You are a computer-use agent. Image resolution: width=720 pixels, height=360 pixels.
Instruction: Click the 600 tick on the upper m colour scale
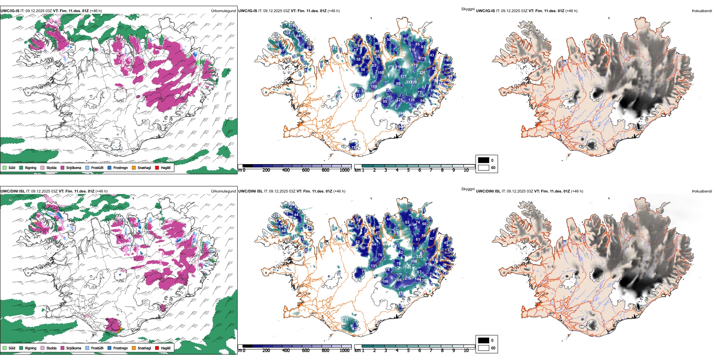point(306,170)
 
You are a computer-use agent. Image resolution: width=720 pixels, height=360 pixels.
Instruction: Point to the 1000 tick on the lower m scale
point(344,351)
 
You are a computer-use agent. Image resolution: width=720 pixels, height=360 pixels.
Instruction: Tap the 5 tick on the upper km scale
point(408,170)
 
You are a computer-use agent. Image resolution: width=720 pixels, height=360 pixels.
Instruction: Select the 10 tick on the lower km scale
point(466,351)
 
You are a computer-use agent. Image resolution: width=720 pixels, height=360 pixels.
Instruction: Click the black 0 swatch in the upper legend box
point(484,160)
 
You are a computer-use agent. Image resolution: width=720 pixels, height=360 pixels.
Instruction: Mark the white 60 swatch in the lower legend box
point(484,347)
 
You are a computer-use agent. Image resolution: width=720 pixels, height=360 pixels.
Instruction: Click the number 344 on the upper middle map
point(401,113)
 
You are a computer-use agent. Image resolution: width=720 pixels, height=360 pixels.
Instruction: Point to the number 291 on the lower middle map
point(345,319)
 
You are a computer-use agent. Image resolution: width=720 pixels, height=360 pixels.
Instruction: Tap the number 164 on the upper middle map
point(287,33)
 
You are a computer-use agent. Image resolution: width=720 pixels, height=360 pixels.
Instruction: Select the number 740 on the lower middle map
point(408,268)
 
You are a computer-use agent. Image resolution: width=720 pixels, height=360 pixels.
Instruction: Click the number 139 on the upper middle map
point(411,100)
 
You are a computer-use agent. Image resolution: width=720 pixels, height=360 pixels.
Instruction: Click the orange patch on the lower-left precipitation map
point(120,329)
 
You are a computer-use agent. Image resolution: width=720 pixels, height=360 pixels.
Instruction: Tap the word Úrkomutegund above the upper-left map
point(223,11)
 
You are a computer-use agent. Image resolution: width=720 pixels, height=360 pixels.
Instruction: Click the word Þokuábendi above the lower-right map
point(702,191)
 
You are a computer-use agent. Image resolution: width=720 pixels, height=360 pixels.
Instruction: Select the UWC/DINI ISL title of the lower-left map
point(13,191)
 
